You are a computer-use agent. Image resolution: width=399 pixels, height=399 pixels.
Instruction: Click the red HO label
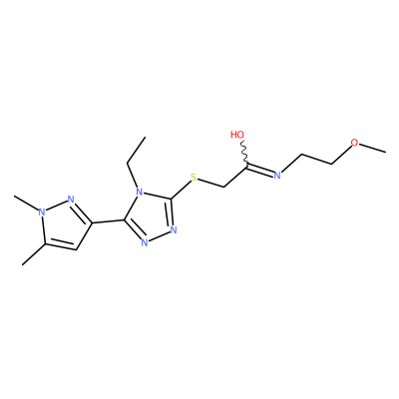237,135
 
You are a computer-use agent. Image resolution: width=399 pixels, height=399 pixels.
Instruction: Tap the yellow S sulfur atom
194,178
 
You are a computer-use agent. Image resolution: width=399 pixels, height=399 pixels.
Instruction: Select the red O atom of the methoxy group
355,143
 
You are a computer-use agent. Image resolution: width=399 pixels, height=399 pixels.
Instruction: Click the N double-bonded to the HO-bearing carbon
276,175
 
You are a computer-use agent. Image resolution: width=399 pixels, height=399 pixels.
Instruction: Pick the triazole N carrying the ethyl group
140,193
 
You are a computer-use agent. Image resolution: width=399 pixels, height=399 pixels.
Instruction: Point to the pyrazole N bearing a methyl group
41,211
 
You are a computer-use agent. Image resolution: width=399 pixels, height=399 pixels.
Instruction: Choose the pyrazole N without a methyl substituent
71,199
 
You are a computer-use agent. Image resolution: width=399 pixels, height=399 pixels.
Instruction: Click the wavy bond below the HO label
244,152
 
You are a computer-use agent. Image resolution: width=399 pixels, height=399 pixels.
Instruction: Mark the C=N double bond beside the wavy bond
260,169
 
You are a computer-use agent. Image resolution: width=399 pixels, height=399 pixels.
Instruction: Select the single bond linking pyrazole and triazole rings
108,221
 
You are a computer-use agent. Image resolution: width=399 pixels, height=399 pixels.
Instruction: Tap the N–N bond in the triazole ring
159,235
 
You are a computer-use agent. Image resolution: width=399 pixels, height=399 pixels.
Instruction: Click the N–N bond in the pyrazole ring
56,205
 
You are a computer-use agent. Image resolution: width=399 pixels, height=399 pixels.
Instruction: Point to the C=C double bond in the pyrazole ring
61,245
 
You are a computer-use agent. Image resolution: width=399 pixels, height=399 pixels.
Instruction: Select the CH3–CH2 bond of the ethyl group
137,150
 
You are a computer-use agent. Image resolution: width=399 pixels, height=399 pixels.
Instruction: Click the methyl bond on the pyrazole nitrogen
26,202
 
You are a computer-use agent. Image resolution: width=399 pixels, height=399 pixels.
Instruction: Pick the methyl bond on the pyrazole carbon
34,254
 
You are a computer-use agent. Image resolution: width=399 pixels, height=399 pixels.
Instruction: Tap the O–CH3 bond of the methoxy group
373,149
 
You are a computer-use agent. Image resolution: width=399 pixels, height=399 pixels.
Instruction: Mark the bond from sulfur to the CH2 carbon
210,183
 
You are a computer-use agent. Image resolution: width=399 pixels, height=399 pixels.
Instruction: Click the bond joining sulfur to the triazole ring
181,189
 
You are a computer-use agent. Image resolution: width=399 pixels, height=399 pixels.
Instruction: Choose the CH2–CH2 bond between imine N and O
317,159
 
